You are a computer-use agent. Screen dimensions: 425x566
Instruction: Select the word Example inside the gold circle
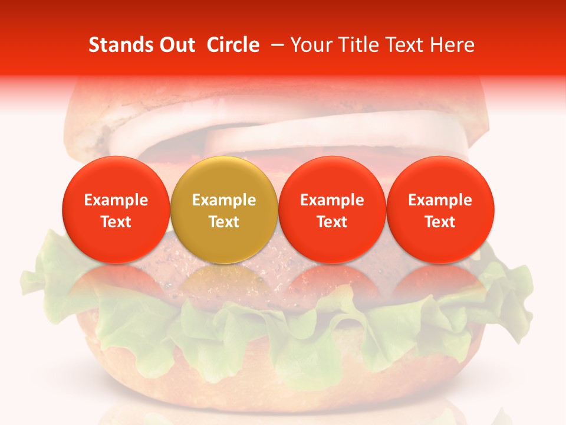click(224, 200)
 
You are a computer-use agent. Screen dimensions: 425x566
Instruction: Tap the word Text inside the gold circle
click(224, 222)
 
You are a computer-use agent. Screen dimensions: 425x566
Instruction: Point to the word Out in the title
click(176, 45)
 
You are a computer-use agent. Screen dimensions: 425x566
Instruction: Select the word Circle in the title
click(233, 45)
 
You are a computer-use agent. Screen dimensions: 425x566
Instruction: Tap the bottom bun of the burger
click(283, 378)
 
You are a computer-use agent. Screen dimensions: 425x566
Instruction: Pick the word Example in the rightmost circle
click(440, 200)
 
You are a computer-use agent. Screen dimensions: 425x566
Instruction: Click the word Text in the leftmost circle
click(116, 222)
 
